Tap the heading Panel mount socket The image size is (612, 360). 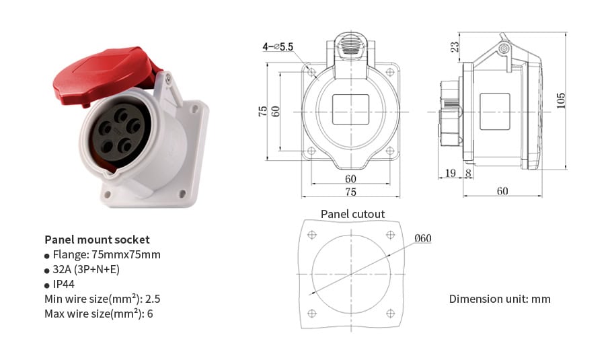point(97,240)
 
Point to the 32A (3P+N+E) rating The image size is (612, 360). point(86,269)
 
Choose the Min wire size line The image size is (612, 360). point(102,299)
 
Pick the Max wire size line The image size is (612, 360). point(99,314)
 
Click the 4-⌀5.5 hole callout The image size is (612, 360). point(278,46)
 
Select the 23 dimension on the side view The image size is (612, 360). point(455,46)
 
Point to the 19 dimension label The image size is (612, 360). point(450,174)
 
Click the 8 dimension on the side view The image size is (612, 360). point(468,174)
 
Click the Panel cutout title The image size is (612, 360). point(352,214)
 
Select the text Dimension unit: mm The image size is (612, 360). point(500,299)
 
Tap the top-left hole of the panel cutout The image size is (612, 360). point(311,235)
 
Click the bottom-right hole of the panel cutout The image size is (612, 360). point(391,313)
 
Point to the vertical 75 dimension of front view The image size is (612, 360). point(263,111)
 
